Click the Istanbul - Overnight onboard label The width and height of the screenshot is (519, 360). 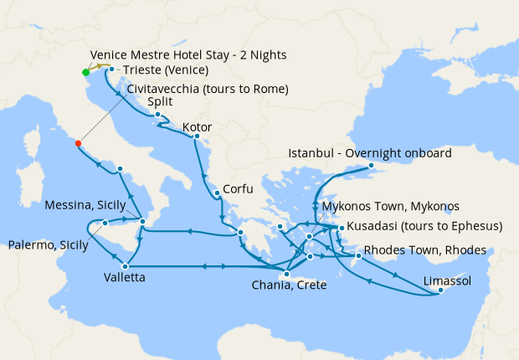(x=369, y=153)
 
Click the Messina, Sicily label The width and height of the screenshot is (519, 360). (x=85, y=205)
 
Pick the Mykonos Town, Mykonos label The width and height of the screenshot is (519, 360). (x=390, y=206)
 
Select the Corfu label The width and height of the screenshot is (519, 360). (x=235, y=189)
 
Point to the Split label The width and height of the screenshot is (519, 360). (x=160, y=102)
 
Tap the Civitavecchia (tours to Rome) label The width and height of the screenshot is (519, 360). (x=208, y=88)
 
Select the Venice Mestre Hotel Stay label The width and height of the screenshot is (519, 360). (x=188, y=54)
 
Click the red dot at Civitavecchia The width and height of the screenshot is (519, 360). (x=78, y=143)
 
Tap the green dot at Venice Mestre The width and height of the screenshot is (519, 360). (x=85, y=72)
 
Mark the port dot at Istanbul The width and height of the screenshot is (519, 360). (x=372, y=166)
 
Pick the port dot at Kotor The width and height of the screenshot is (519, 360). (x=197, y=136)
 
